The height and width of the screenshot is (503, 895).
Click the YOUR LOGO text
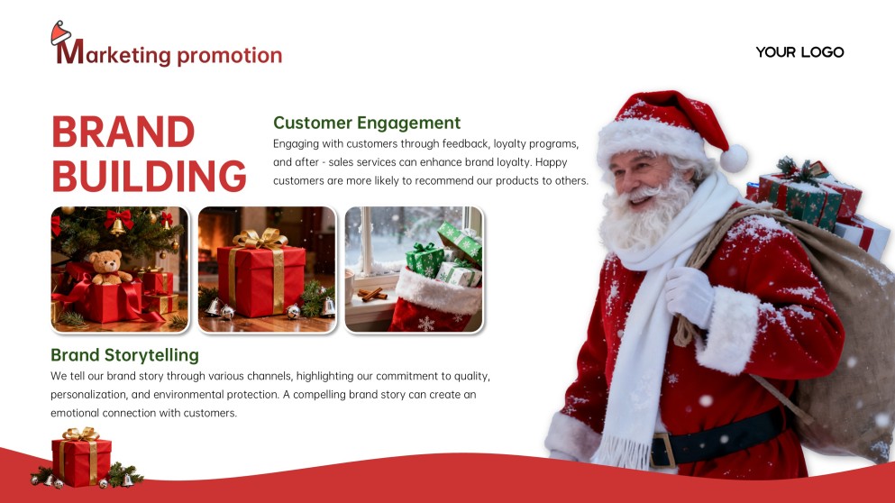pos(799,52)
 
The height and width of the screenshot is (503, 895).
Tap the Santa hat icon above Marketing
pos(60,34)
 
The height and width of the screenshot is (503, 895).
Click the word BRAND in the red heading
pos(123,133)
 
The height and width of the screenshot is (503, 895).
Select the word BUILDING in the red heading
pos(149,176)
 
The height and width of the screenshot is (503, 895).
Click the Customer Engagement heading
pos(367,123)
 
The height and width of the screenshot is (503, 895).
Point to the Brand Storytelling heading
pos(124,355)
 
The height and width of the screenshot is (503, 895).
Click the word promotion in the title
pos(230,55)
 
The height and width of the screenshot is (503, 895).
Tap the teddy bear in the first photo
pos(107,267)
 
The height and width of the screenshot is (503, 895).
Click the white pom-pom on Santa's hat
pos(734,158)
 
